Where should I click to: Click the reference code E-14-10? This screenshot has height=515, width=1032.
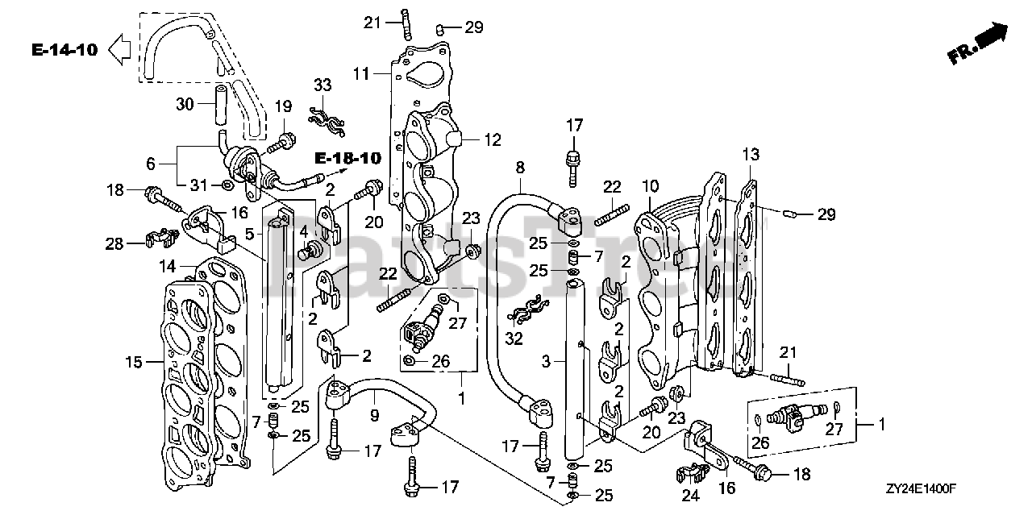click(x=65, y=50)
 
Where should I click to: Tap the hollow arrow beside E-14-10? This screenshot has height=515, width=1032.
click(x=119, y=49)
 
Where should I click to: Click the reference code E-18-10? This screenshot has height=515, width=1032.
click(x=347, y=159)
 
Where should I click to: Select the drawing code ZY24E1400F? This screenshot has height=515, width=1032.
click(x=921, y=488)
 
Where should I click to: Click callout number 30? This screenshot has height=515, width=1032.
click(x=185, y=104)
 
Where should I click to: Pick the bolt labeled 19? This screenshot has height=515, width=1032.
click(x=281, y=141)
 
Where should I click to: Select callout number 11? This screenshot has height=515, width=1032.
click(x=361, y=73)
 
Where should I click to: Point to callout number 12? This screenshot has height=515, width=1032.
click(x=493, y=139)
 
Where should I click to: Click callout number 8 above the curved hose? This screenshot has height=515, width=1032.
click(x=520, y=167)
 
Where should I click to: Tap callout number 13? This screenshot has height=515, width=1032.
click(x=751, y=154)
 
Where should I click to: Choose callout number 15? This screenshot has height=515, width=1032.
click(x=134, y=362)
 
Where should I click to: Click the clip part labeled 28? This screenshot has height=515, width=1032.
click(x=162, y=238)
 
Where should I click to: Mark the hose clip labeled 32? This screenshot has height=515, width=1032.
click(x=528, y=310)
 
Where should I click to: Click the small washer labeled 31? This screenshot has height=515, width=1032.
click(x=227, y=185)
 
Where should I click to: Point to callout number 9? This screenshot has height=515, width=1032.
click(x=375, y=416)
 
